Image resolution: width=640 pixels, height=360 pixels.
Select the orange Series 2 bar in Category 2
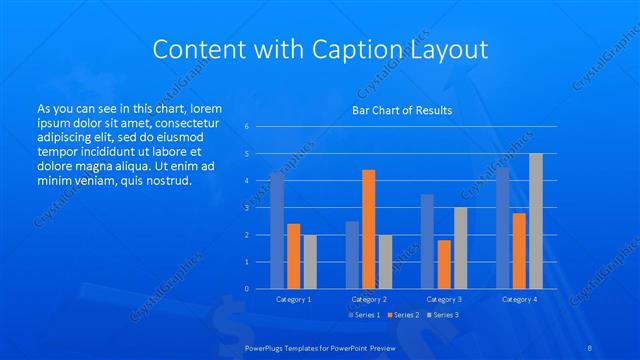point(368,229)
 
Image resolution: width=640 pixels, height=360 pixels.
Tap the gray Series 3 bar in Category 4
point(536,221)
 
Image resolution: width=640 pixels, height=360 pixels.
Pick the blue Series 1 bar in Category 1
point(277,230)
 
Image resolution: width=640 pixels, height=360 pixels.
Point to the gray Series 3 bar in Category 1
point(310,261)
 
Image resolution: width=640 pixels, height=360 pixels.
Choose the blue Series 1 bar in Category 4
point(502,228)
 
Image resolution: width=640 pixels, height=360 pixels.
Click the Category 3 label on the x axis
point(443,299)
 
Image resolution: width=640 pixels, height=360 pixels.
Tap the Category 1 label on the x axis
point(293,299)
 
